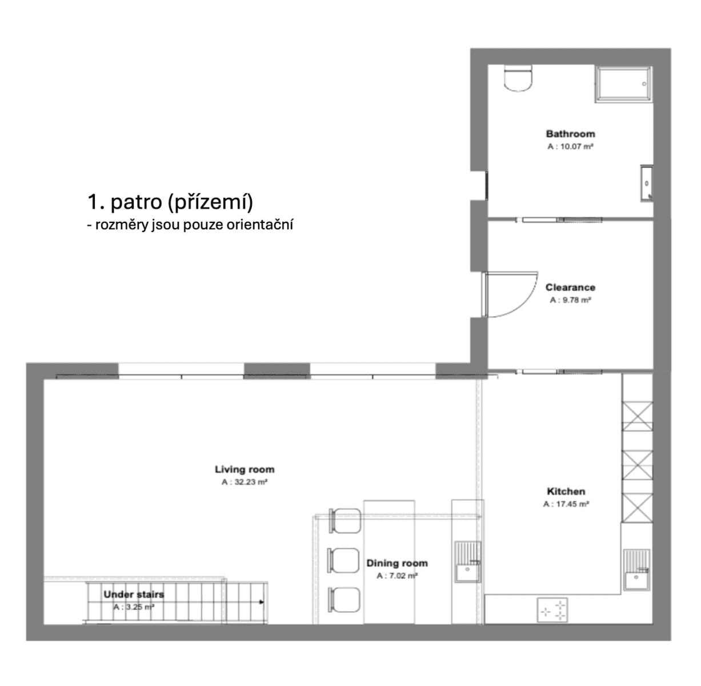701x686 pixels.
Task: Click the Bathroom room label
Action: pyautogui.click(x=570, y=134)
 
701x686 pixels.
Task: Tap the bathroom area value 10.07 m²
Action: pyautogui.click(x=570, y=147)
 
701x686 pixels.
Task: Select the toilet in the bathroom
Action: pyautogui.click(x=519, y=78)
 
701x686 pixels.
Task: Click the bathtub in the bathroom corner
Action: pyautogui.click(x=623, y=84)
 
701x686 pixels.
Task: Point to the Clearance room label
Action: pyautogui.click(x=570, y=288)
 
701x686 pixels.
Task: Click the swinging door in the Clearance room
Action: pyautogui.click(x=508, y=294)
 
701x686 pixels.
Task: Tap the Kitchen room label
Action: pyautogui.click(x=566, y=491)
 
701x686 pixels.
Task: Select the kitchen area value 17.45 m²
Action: pyautogui.click(x=566, y=504)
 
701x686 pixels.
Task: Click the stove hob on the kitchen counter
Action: pyautogui.click(x=552, y=610)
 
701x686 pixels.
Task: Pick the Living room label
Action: pyautogui.click(x=245, y=469)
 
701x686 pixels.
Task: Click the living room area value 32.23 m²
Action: pyautogui.click(x=245, y=482)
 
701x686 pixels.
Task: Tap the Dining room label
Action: pyautogui.click(x=396, y=563)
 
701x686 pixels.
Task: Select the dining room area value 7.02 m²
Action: pyautogui.click(x=396, y=576)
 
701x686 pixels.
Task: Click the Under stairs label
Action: pyautogui.click(x=134, y=595)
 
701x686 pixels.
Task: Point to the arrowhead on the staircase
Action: pyautogui.click(x=261, y=602)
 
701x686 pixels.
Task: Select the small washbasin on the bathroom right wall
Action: pyautogui.click(x=647, y=184)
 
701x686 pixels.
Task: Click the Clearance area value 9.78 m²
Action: pyautogui.click(x=570, y=300)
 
